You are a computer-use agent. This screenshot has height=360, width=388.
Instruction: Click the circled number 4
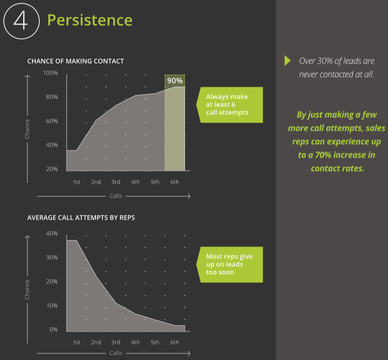click(x=21, y=21)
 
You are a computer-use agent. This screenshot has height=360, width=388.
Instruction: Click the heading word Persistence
click(x=90, y=20)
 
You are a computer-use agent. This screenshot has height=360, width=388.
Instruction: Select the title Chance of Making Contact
click(x=75, y=61)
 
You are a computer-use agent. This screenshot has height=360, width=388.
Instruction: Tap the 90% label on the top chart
click(x=175, y=81)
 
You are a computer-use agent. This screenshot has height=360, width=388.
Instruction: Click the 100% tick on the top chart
click(x=50, y=73)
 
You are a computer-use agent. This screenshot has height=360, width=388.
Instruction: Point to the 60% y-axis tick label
click(x=51, y=121)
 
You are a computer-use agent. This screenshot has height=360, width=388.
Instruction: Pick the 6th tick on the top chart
click(x=175, y=182)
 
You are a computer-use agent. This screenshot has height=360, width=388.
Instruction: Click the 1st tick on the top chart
click(x=77, y=182)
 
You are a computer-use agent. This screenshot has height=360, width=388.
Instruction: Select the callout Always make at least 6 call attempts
click(x=230, y=105)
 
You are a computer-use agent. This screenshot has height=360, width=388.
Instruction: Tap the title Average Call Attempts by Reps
click(x=81, y=217)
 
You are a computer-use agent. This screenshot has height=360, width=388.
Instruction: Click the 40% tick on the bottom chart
click(x=52, y=234)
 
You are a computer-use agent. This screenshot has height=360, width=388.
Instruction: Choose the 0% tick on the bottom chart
click(x=54, y=330)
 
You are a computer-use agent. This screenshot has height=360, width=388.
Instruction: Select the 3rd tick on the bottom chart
click(x=116, y=342)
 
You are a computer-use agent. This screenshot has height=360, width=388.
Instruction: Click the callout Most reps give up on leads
click(x=230, y=264)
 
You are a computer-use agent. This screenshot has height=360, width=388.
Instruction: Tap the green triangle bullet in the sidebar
click(x=288, y=61)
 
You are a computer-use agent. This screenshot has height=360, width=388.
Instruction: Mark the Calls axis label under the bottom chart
click(x=116, y=353)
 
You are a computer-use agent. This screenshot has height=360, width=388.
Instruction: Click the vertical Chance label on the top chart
click(x=27, y=129)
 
